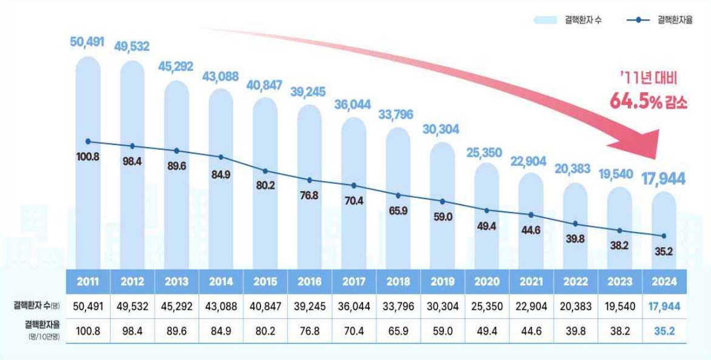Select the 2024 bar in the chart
coord(664,231)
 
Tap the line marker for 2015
coord(265,171)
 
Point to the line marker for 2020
coord(487,210)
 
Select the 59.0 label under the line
coord(443,216)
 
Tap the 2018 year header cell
coord(398,282)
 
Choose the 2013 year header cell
coord(177,282)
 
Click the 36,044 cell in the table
coord(354,307)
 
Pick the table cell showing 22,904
coord(531,307)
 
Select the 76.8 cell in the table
coord(310,332)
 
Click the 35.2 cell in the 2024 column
coord(664,332)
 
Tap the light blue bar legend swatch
coord(549,21)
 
